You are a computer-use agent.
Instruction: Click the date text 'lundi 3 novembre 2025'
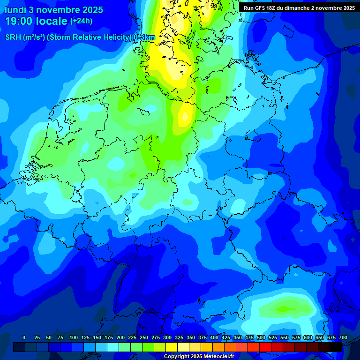pyautogui.click(x=53, y=10)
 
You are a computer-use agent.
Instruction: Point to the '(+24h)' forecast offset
pyautogui.click(x=82, y=21)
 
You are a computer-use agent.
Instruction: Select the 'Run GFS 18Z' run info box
pyautogui.click(x=299, y=8)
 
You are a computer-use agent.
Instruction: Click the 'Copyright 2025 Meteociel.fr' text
pyautogui.click(x=199, y=356)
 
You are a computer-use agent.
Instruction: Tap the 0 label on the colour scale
pyautogui.click(x=24, y=337)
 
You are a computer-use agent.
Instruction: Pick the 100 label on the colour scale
pyautogui.click(x=74, y=337)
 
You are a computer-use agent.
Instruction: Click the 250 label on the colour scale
pyautogui.click(x=144, y=337)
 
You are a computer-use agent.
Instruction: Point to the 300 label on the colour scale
pyautogui.click(x=167, y=337)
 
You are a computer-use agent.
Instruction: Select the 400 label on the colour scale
pyautogui.click(x=214, y=337)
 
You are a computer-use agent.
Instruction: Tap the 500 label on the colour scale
pyautogui.click(x=261, y=337)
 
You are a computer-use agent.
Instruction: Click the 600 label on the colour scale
pyautogui.click(x=308, y=337)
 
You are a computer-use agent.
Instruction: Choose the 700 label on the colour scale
pyautogui.click(x=343, y=337)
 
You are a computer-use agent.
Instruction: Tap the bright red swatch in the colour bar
pyautogui.click(x=265, y=347)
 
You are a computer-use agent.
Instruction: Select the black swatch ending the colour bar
pyautogui.click(x=336, y=347)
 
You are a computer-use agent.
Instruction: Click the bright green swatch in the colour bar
pyautogui.click(x=148, y=347)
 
